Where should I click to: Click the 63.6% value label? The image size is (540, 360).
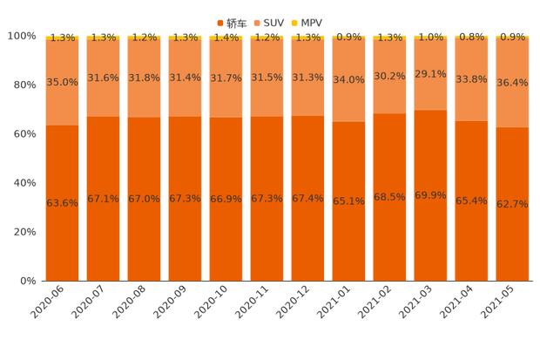coord(62,203)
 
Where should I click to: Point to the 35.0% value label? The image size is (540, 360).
coord(62,81)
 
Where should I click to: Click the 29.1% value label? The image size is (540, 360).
coord(429,74)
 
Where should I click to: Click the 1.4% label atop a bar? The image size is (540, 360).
coord(226,37)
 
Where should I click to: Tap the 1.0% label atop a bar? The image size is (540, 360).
coord(429,37)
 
